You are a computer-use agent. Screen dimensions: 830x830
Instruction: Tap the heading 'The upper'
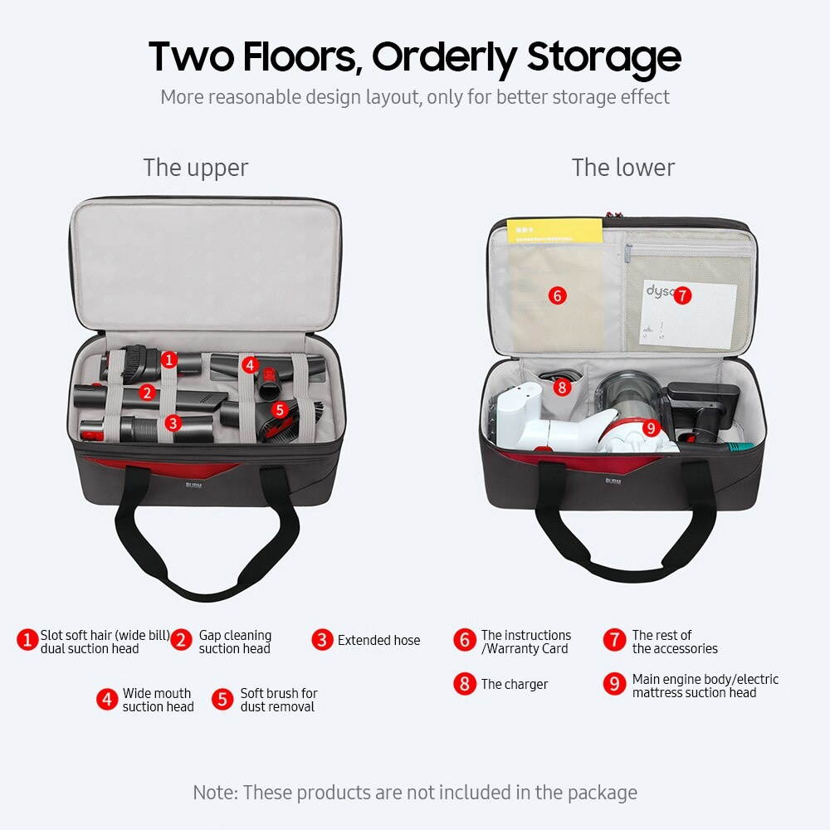pyautogui.click(x=196, y=168)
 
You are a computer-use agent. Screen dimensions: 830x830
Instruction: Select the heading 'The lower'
pyautogui.click(x=622, y=168)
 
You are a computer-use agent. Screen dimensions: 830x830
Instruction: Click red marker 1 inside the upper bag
pyautogui.click(x=168, y=359)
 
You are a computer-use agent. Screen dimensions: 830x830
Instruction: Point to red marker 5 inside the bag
pyautogui.click(x=280, y=409)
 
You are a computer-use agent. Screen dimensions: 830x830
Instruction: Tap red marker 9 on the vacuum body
pyautogui.click(x=650, y=428)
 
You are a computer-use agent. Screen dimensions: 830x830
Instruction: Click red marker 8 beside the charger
pyautogui.click(x=562, y=387)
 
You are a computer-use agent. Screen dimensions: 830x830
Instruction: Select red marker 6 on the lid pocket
pyautogui.click(x=558, y=295)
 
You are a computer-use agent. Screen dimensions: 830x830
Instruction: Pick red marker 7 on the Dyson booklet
pyautogui.click(x=681, y=295)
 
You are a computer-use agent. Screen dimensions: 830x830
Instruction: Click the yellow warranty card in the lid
pyautogui.click(x=554, y=230)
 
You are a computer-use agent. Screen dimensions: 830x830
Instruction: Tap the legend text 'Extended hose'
pyautogui.click(x=378, y=641)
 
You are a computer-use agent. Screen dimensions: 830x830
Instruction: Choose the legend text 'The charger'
pyautogui.click(x=515, y=685)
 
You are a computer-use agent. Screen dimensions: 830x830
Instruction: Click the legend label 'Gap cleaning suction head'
pyautogui.click(x=235, y=642)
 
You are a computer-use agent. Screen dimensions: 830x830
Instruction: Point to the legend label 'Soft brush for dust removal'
pyautogui.click(x=279, y=700)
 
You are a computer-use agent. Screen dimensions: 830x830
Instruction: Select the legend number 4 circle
pyautogui.click(x=107, y=700)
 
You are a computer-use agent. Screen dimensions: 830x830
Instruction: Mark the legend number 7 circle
pyautogui.click(x=614, y=640)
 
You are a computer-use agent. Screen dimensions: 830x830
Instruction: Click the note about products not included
pyautogui.click(x=415, y=793)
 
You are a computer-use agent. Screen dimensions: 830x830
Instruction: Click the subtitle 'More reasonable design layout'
pyautogui.click(x=415, y=97)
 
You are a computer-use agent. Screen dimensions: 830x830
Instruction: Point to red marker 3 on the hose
pyautogui.click(x=173, y=422)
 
